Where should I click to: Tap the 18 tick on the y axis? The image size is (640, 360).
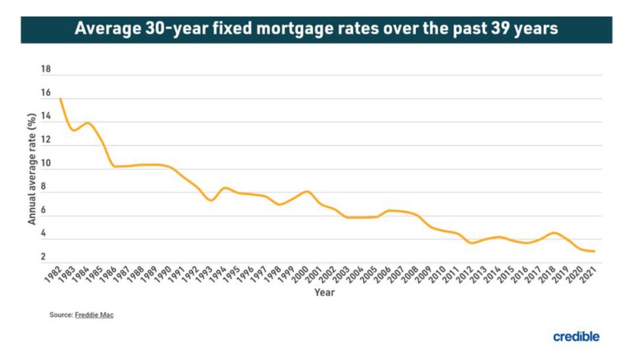click(46, 69)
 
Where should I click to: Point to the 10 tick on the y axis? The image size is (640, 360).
click(46, 164)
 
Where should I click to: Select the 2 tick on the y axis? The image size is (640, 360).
click(43, 257)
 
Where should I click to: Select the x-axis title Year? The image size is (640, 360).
click(325, 293)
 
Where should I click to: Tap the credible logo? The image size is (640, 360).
click(576, 337)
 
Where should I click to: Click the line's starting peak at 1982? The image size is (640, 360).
click(60, 99)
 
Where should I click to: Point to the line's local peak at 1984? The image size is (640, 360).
click(87, 123)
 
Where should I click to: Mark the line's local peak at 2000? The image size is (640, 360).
click(307, 191)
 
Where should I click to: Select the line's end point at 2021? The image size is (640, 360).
click(594, 251)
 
